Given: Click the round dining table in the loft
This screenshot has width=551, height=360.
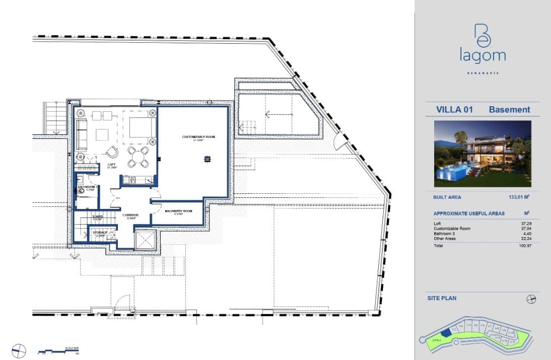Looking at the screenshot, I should [x=138, y=156].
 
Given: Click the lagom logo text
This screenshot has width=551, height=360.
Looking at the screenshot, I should [x=482, y=55].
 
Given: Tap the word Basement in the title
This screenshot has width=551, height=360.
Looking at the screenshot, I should [x=509, y=110].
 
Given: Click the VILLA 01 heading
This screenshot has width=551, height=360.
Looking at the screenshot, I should [x=454, y=110].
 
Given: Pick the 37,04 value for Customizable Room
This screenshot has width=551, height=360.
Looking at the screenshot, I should [x=526, y=229].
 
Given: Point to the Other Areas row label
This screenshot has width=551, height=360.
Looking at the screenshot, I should [x=444, y=239].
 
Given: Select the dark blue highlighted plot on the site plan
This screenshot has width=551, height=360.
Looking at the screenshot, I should [x=445, y=332].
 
